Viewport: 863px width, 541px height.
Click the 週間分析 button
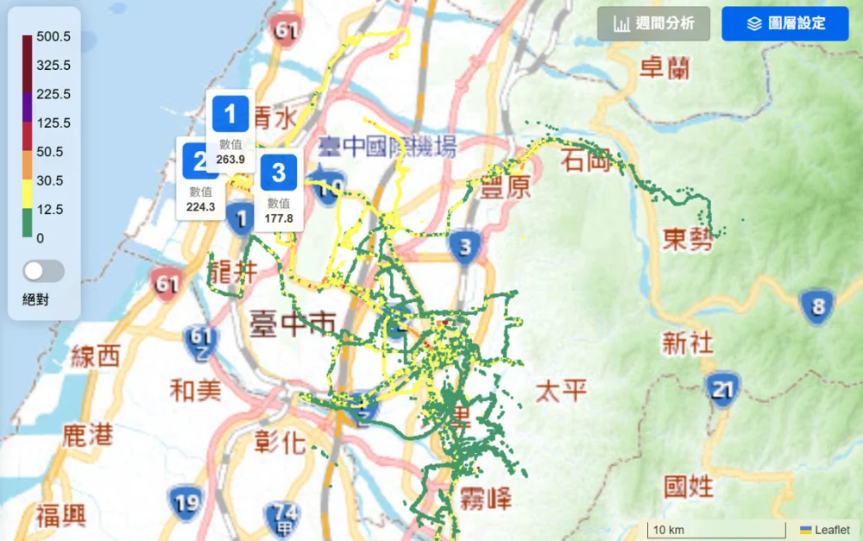(x=653, y=23)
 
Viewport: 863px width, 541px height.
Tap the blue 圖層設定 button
(x=785, y=23)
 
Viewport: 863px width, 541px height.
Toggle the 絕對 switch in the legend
(x=43, y=271)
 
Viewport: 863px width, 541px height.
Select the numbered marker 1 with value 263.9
(x=230, y=114)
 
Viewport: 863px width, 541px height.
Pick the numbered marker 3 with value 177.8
(x=278, y=173)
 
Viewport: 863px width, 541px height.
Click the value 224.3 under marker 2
(x=200, y=206)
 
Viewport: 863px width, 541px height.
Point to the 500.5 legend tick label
(x=54, y=36)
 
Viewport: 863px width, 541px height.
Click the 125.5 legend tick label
(x=54, y=123)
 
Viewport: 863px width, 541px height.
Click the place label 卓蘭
(x=665, y=67)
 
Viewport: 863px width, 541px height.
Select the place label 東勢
(x=688, y=239)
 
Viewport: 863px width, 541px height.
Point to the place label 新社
(x=688, y=343)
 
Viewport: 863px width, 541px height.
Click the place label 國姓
(x=688, y=486)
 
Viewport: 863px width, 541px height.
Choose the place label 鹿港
(x=87, y=434)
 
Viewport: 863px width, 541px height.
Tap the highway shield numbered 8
(x=816, y=306)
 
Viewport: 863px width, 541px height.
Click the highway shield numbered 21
(x=722, y=389)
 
